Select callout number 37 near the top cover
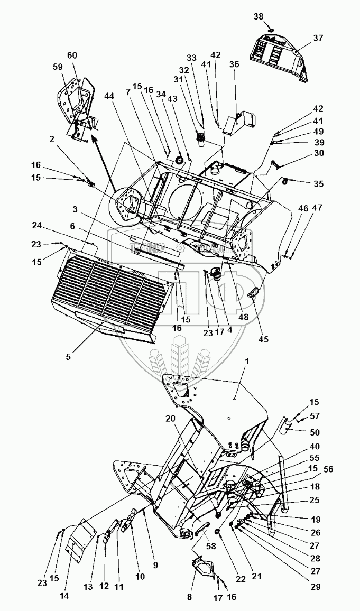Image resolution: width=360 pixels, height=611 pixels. tap(317, 38)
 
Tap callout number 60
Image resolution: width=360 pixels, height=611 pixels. tap(72, 56)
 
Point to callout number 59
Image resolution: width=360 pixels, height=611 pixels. tap(58, 67)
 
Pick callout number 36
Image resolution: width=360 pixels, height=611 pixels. tap(234, 64)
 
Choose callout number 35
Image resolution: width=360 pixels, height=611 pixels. tap(318, 184)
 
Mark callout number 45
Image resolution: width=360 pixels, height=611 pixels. tap(263, 339)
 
